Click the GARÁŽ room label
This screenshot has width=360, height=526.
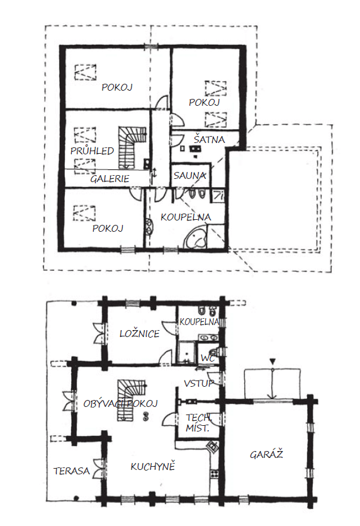click(x=266, y=454)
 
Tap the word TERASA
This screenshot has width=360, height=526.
click(x=72, y=471)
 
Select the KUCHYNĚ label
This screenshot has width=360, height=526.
click(x=153, y=466)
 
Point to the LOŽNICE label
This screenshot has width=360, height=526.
click(x=140, y=333)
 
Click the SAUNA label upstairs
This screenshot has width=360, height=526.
click(x=189, y=175)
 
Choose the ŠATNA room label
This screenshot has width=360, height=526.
click(x=209, y=139)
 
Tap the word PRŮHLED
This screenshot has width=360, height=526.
click(x=92, y=151)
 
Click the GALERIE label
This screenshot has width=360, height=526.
click(x=110, y=178)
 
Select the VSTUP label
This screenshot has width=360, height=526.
click(x=199, y=383)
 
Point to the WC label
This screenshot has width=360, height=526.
click(x=208, y=358)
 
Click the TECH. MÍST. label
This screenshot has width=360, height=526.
click(x=199, y=423)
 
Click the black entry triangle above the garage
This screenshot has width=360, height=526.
click(x=273, y=362)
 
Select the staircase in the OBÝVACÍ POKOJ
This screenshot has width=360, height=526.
click(x=131, y=399)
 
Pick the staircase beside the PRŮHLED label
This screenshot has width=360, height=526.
click(x=132, y=147)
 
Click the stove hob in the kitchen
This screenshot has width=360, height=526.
click(x=214, y=474)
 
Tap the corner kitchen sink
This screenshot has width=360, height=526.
click(x=213, y=447)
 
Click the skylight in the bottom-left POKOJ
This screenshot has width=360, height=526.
click(x=85, y=213)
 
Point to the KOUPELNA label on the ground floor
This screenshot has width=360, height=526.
click(x=199, y=322)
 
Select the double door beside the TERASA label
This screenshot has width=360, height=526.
click(x=100, y=468)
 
